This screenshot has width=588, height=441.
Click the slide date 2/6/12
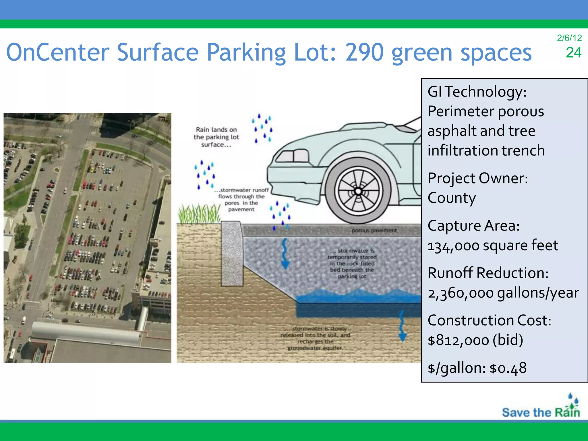click(x=569, y=38)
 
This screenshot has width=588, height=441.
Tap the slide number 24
click(x=573, y=53)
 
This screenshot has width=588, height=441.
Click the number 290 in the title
click(x=364, y=53)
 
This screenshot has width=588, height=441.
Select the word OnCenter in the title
click(x=58, y=53)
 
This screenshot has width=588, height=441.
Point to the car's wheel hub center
click(x=358, y=191)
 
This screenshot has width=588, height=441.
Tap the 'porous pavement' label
click(x=374, y=230)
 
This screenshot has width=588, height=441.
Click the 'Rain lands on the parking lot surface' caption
click(x=216, y=137)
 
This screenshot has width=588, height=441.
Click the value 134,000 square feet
click(x=492, y=246)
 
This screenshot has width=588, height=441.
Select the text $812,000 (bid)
click(x=475, y=340)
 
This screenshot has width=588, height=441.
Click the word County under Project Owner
click(x=451, y=198)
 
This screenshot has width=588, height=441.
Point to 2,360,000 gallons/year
click(x=503, y=293)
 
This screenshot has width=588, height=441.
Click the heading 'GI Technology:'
click(x=477, y=92)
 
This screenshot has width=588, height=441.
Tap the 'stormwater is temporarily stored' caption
click(x=352, y=263)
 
